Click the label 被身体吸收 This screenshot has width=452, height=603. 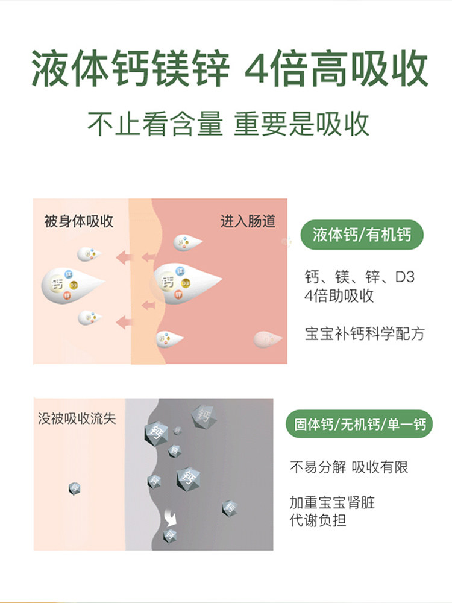click(79, 221)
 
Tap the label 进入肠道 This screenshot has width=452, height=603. click(248, 221)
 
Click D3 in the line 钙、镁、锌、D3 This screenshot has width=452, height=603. click(405, 278)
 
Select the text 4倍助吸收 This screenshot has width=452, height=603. click(339, 296)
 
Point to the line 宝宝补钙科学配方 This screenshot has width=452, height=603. click(365, 333)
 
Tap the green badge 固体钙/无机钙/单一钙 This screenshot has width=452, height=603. click(361, 425)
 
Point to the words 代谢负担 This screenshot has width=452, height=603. click(318, 520)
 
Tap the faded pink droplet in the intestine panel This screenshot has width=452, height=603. click(268, 339)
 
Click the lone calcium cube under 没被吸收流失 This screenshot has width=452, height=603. click(75, 488)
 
